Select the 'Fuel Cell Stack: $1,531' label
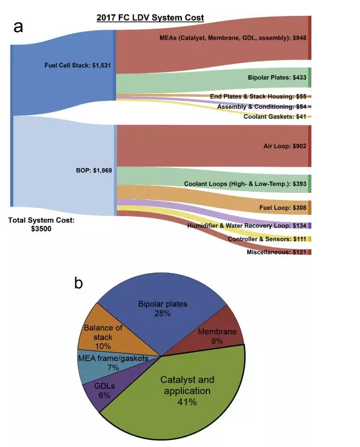(x=78, y=65)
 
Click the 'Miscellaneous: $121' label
(x=276, y=252)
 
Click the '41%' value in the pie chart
(x=186, y=402)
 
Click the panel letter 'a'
(x=18, y=27)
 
